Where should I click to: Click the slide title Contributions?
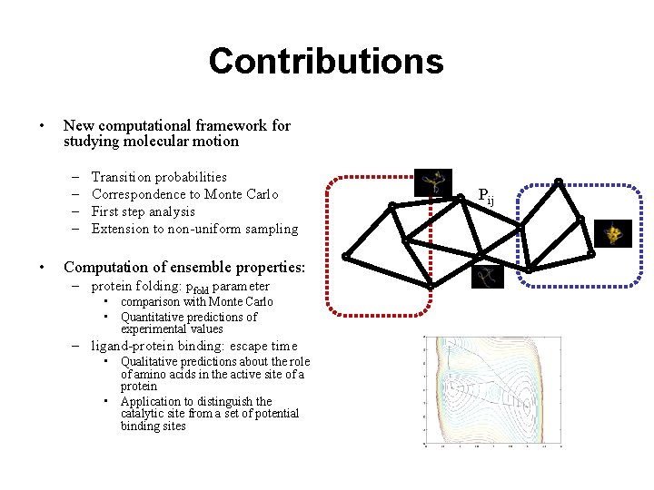[326, 62]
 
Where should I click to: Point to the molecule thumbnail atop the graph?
[432, 181]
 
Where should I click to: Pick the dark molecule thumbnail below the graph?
[489, 277]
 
